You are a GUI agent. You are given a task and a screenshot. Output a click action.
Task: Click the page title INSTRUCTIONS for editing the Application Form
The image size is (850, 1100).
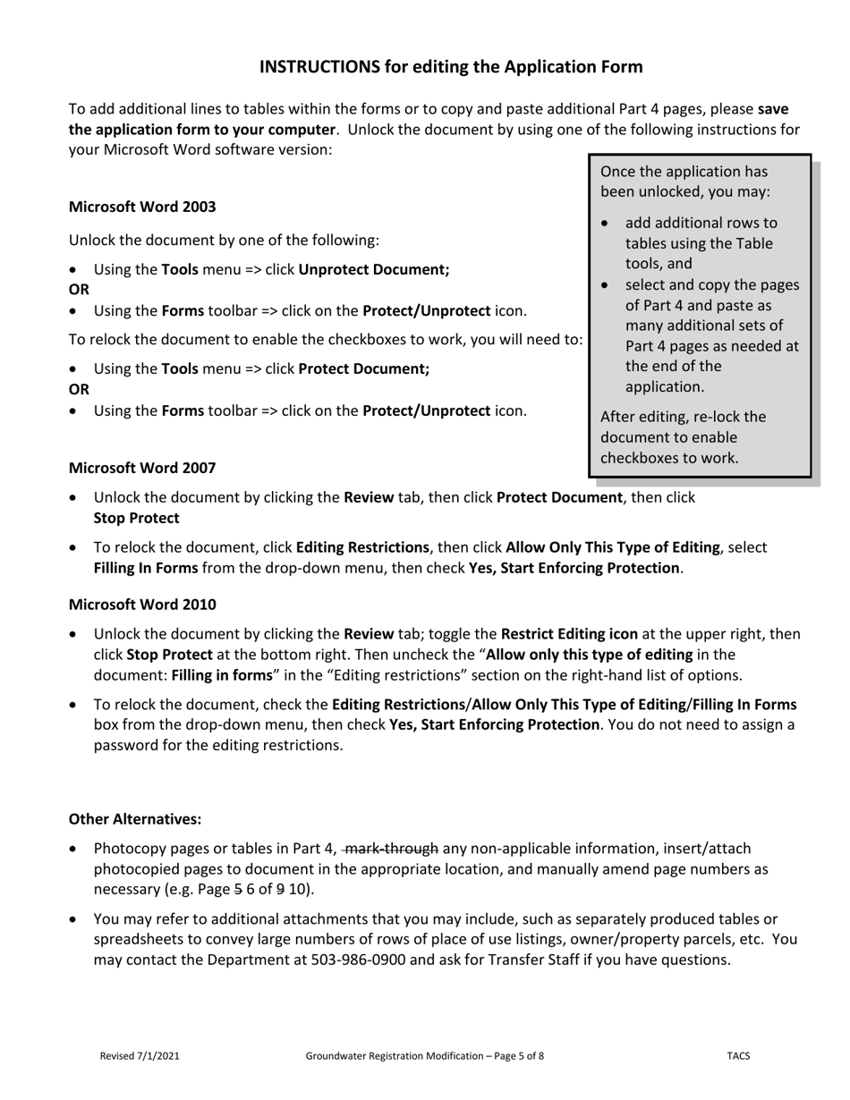(x=451, y=67)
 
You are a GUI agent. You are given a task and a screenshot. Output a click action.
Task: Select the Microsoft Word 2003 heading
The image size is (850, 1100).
(x=142, y=207)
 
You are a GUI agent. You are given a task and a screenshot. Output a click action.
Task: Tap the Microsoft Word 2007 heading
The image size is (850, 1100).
(x=142, y=468)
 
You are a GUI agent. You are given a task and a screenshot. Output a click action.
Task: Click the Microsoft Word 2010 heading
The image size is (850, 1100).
(x=142, y=605)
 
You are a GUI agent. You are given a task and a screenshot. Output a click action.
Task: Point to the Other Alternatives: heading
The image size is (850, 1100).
(x=135, y=819)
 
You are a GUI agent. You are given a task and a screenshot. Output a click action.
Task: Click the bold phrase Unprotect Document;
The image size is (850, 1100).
(x=374, y=269)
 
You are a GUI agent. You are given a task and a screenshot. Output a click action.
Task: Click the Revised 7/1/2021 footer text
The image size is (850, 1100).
(x=140, y=1056)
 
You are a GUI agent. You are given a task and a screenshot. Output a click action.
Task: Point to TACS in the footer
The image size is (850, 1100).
(x=738, y=1056)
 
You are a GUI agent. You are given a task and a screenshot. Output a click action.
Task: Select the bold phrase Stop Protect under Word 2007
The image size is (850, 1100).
(x=136, y=518)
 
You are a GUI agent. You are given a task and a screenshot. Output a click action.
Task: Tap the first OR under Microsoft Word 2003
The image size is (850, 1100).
(x=79, y=290)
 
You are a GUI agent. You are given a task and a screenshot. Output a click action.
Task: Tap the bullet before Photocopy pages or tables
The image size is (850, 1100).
(x=74, y=849)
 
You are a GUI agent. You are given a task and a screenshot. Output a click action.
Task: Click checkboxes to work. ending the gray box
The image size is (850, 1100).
(x=669, y=458)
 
